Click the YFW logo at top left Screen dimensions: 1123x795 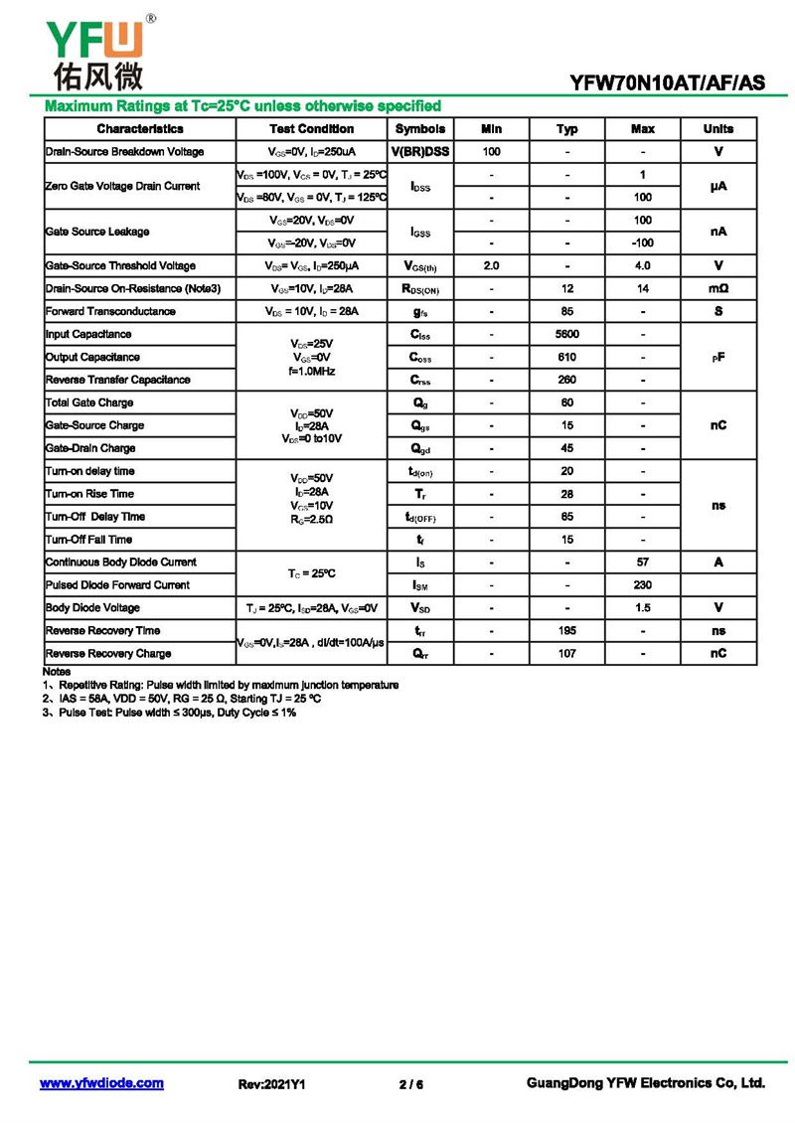tap(95, 49)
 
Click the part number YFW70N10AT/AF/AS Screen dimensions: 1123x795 tap(667, 84)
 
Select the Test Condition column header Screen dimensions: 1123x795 tap(311, 129)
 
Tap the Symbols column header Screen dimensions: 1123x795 tap(419, 129)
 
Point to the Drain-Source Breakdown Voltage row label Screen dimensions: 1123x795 tap(124, 152)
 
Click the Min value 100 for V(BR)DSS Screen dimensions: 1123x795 tap(491, 152)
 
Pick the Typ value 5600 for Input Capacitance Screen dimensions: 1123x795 tap(566, 334)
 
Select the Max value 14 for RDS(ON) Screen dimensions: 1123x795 tap(643, 288)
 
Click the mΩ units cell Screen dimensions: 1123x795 tap(717, 288)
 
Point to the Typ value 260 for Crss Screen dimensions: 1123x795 tap(566, 380)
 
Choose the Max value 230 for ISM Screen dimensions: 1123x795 tap(643, 585)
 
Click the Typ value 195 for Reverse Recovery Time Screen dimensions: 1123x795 tap(566, 631)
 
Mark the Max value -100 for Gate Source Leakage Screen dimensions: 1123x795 tap(643, 242)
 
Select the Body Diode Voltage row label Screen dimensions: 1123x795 tap(92, 608)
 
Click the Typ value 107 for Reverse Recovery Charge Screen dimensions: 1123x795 tap(566, 654)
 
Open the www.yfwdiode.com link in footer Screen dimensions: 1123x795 tap(101, 1083)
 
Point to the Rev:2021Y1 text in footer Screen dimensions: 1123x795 tap(271, 1084)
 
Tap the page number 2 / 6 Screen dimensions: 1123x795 tap(410, 1084)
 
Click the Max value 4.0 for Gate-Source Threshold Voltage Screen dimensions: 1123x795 tap(643, 265)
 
